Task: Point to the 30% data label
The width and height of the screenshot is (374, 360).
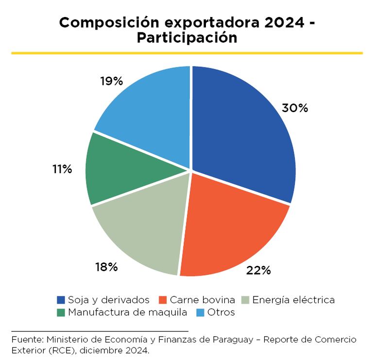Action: (x=295, y=108)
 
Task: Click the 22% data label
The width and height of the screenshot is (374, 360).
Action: (x=258, y=270)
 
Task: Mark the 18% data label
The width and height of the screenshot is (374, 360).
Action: (x=106, y=267)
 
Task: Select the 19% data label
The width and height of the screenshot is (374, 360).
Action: (x=111, y=81)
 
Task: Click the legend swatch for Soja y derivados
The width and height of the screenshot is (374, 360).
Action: (x=61, y=300)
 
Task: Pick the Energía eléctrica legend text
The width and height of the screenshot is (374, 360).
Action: (x=293, y=300)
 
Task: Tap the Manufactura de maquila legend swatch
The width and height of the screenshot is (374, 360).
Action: (x=61, y=312)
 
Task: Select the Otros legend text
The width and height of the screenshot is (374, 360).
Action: (x=221, y=312)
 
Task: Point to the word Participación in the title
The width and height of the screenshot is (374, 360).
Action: (x=187, y=38)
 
